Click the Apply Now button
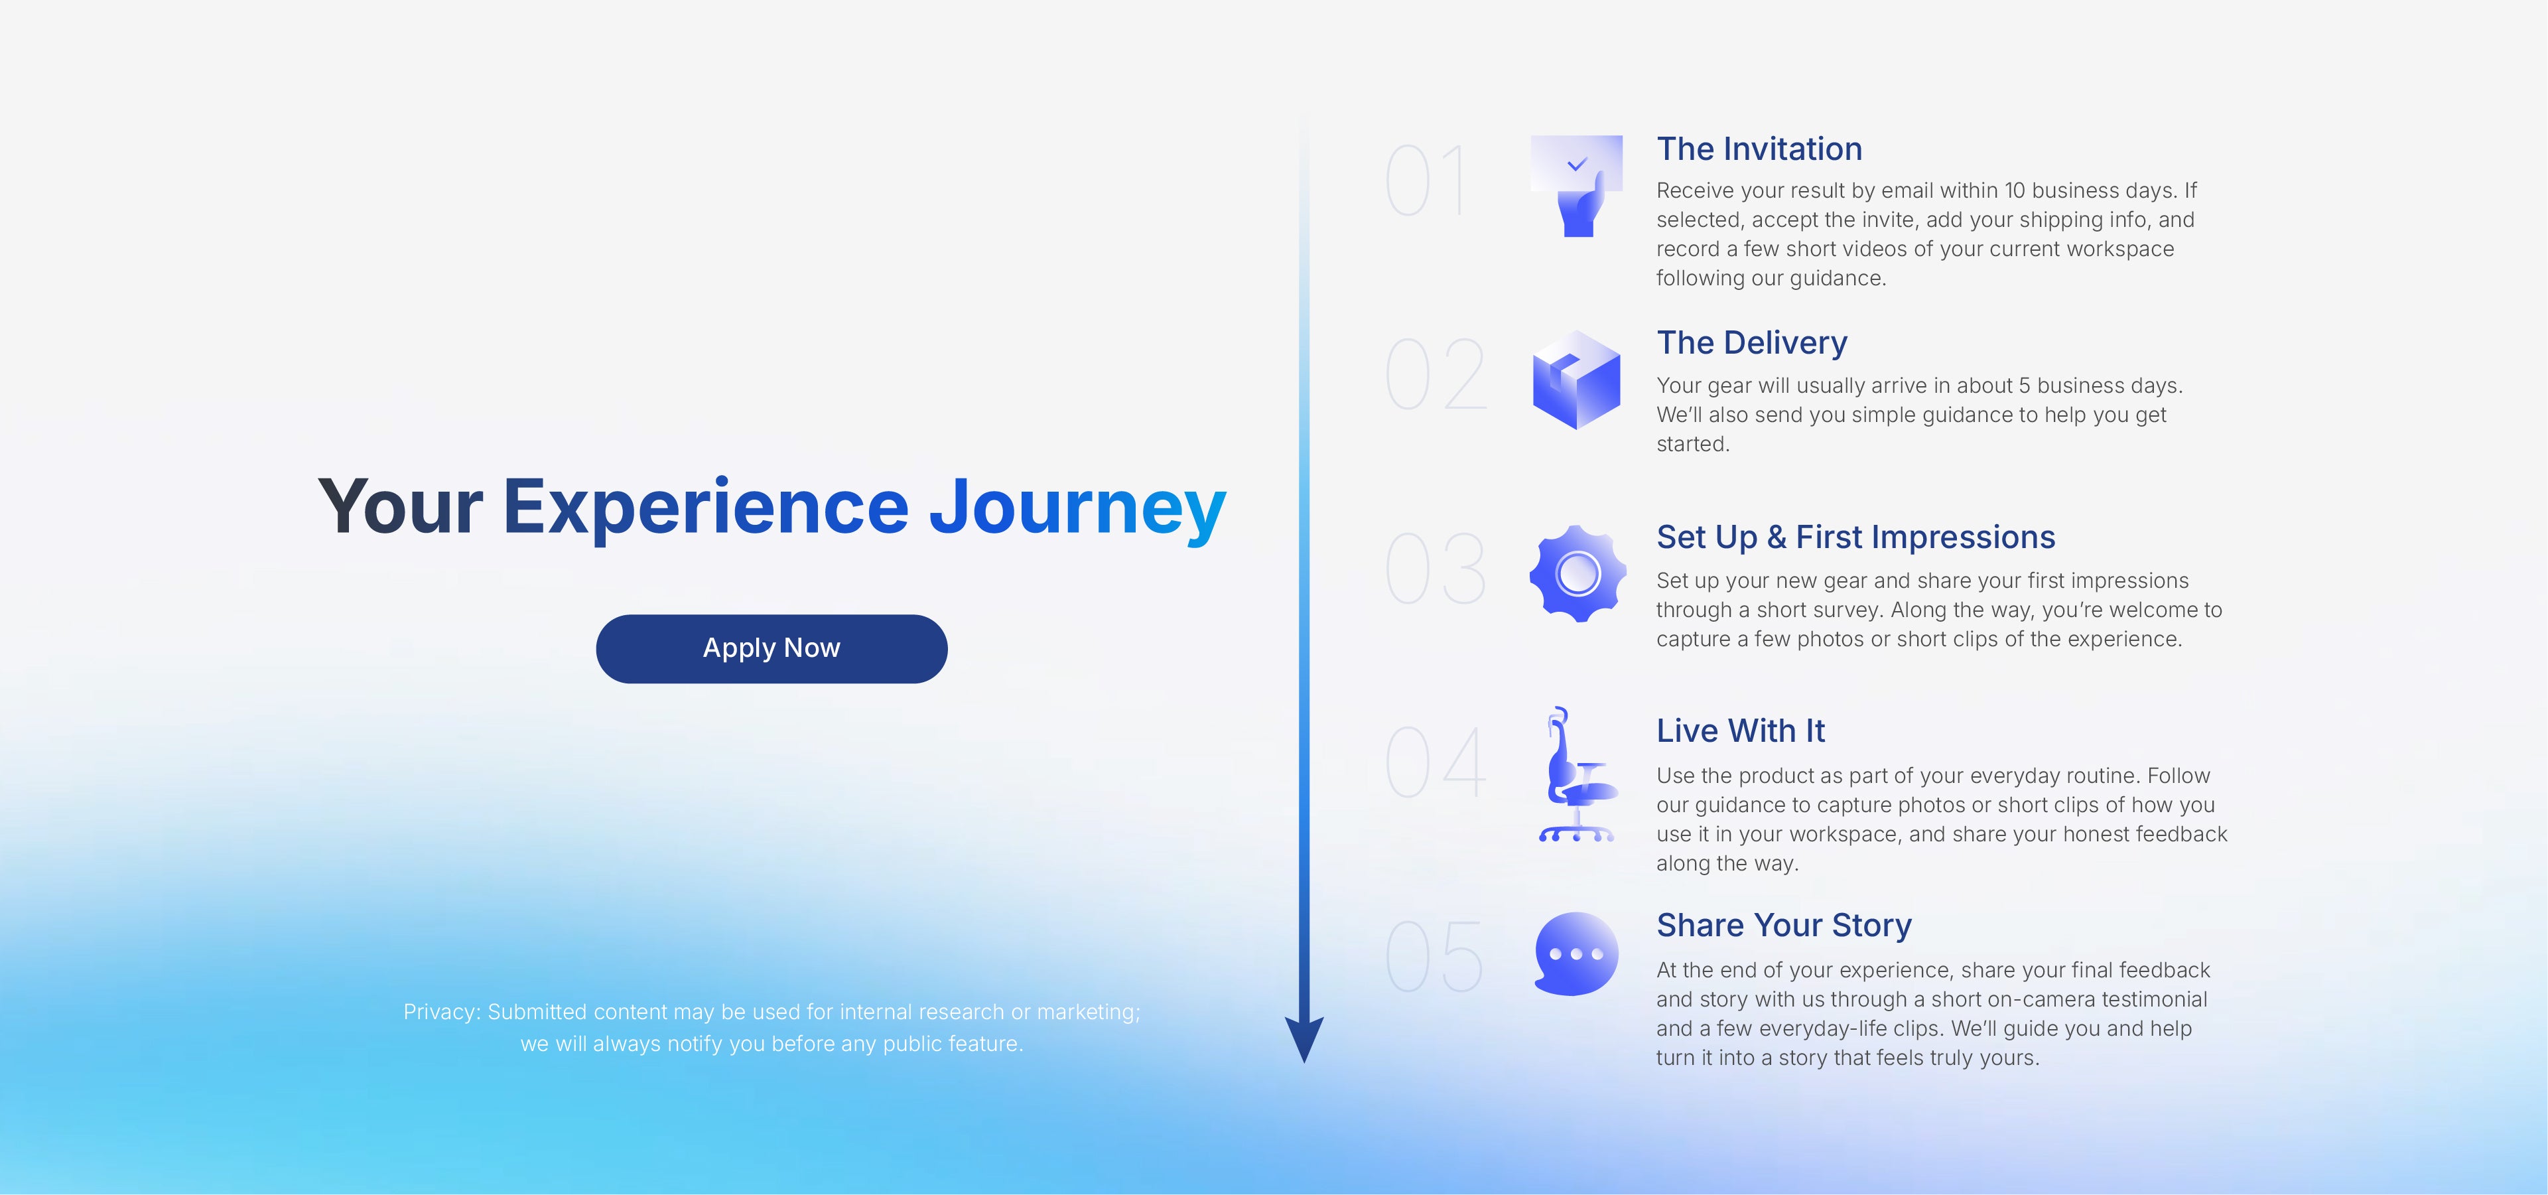tap(771, 649)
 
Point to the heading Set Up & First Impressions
tap(1855, 537)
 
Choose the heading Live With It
tap(1741, 731)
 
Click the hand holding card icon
tap(1577, 186)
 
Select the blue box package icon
tap(1577, 380)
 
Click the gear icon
tap(1577, 574)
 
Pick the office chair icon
tap(1577, 774)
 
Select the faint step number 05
tap(1434, 957)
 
